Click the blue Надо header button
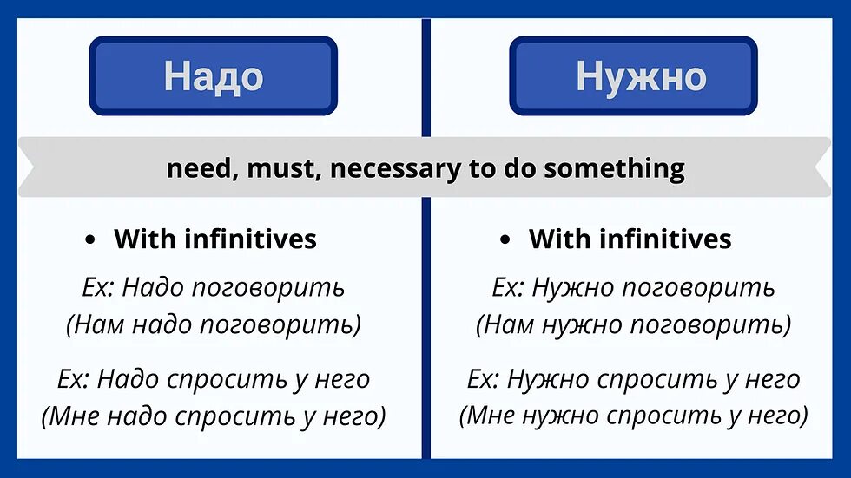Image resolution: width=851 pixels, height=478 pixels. click(x=213, y=75)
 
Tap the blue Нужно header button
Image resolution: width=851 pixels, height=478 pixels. click(x=633, y=75)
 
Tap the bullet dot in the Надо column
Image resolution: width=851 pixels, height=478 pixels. click(x=90, y=240)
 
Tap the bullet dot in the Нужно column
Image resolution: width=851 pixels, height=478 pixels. click(x=505, y=240)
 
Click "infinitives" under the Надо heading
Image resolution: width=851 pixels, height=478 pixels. click(x=250, y=239)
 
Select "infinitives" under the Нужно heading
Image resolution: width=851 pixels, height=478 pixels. click(x=665, y=239)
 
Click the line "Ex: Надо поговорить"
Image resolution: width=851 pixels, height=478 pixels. click(x=213, y=287)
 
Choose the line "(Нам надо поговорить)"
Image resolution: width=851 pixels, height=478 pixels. click(x=213, y=325)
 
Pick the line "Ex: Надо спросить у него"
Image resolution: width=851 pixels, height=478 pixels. click(x=213, y=378)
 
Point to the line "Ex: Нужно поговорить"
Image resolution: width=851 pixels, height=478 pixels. click(x=633, y=287)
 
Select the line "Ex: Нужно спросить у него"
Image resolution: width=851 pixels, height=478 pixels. click(x=633, y=378)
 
